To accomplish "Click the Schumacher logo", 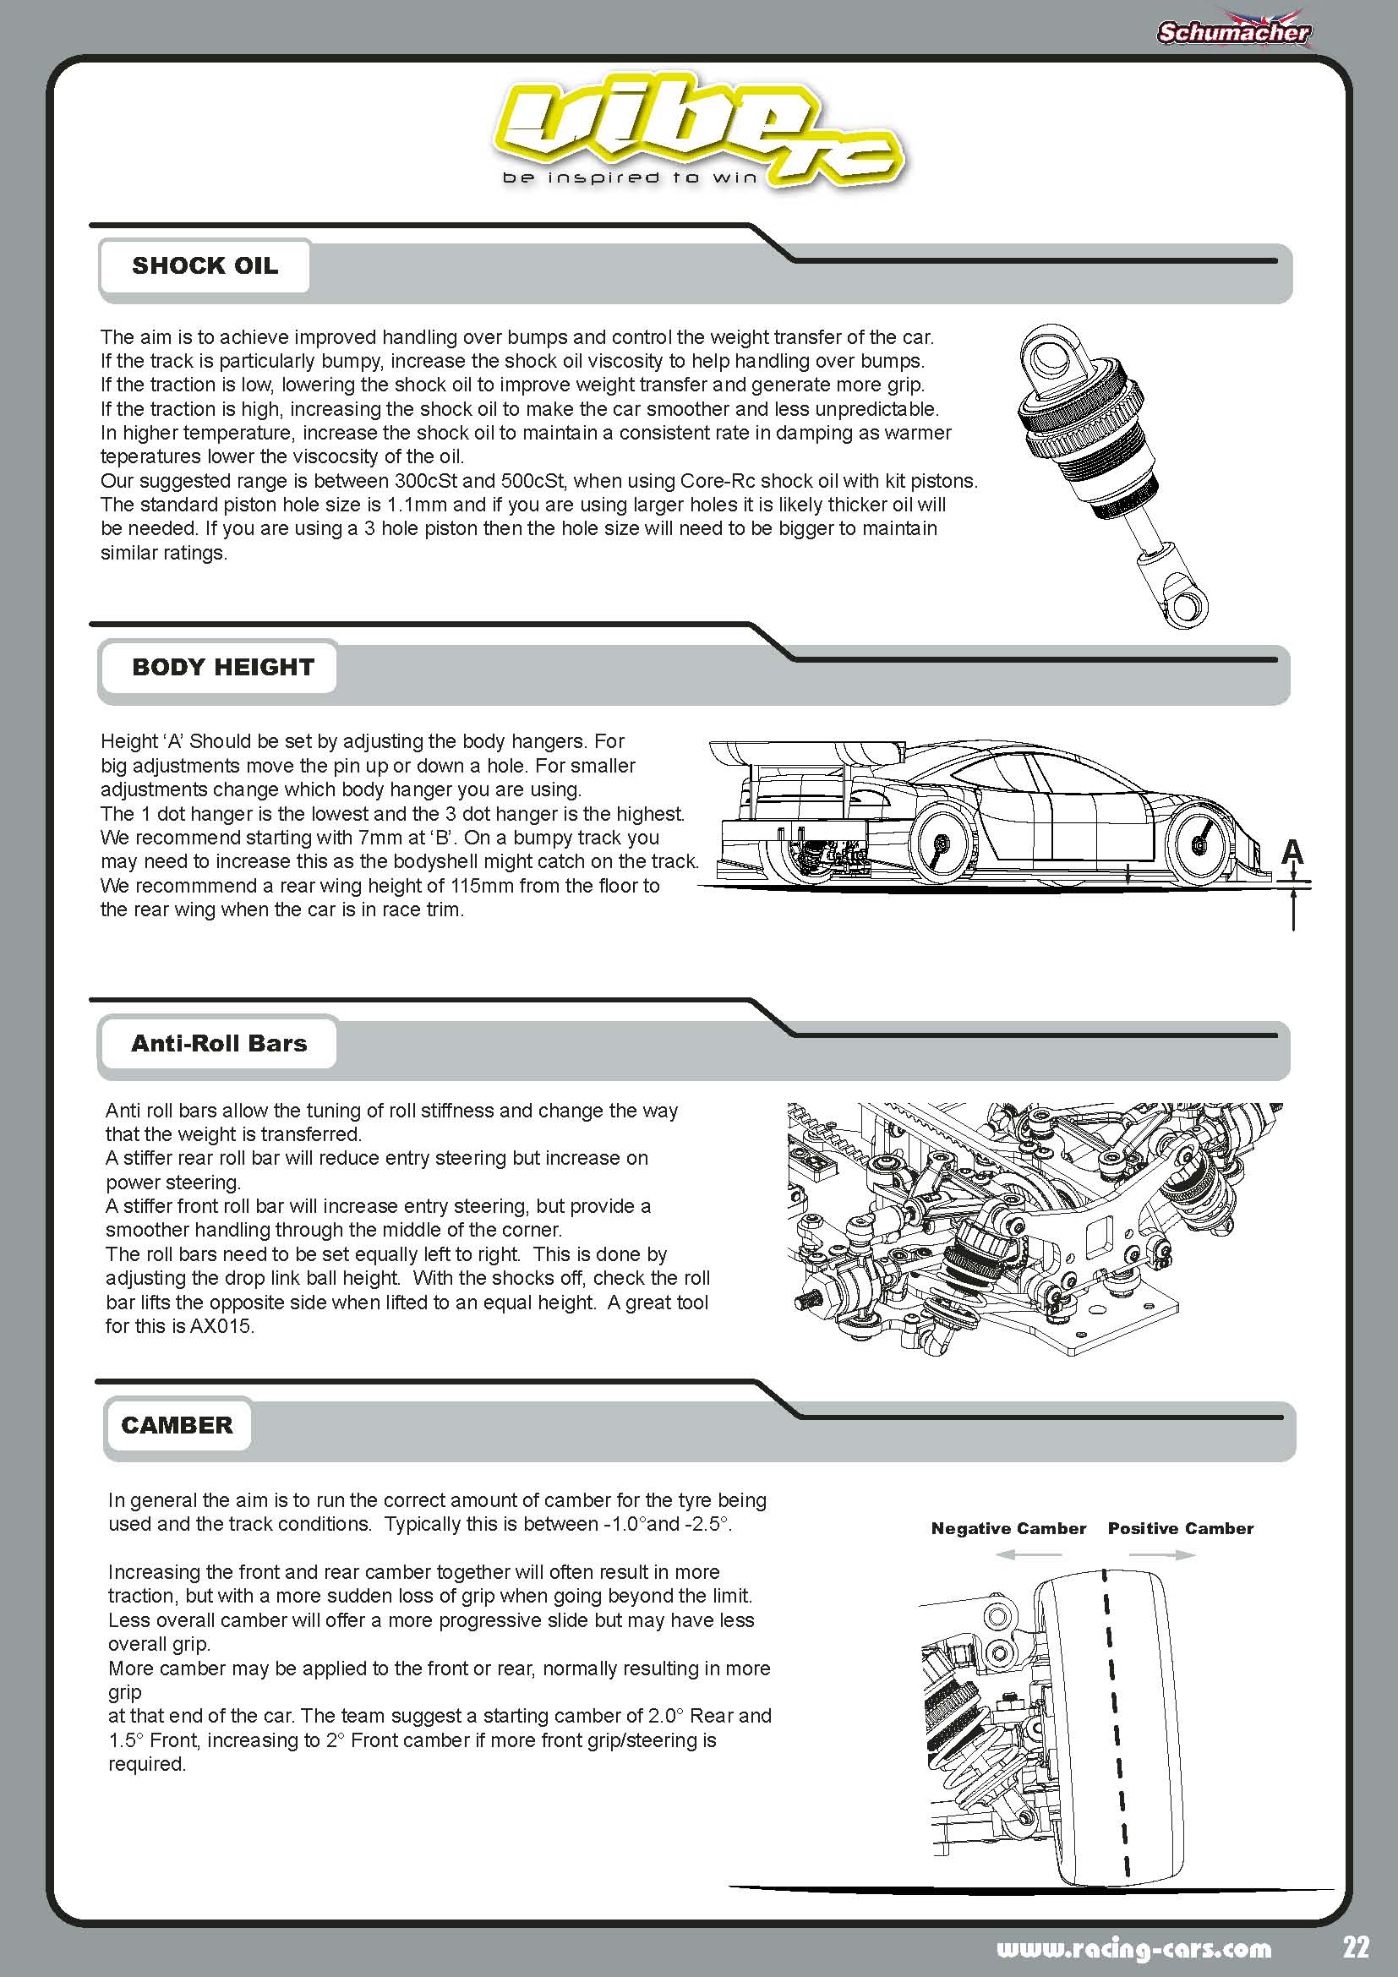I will (x=1233, y=33).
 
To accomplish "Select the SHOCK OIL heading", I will (x=205, y=265).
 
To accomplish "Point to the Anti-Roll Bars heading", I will (x=219, y=1043).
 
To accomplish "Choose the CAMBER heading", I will (x=177, y=1425).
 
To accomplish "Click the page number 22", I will (x=1355, y=1947).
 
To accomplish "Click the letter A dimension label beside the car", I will (x=1292, y=852).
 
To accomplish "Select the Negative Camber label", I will (x=1008, y=1528).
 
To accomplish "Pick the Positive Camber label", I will (x=1180, y=1528).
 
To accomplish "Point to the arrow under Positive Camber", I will (x=1161, y=1554).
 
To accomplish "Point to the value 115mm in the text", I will (x=478, y=885).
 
